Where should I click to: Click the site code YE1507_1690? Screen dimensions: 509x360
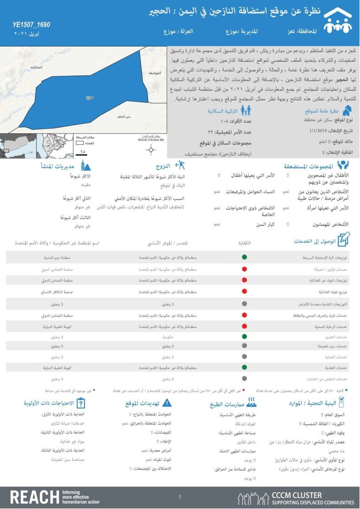31,25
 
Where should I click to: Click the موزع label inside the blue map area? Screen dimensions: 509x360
89,97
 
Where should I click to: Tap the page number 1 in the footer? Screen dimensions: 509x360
180,497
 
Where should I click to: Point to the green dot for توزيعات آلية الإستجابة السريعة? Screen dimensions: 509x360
244,257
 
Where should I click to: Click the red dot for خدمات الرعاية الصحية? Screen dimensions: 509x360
244,326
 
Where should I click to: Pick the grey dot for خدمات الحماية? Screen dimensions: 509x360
244,356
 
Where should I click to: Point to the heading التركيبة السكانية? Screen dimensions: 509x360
224,111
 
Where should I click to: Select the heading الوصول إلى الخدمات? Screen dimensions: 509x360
314,241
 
